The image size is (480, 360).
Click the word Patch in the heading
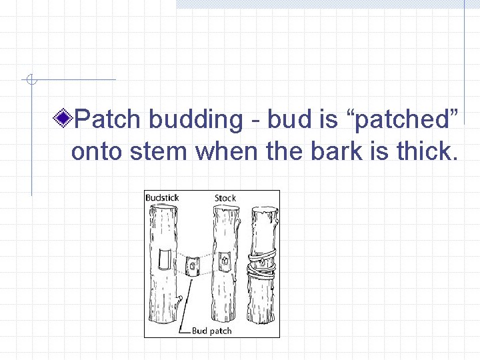click(108, 120)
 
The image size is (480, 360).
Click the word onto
click(97, 151)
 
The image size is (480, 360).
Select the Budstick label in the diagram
click(162, 198)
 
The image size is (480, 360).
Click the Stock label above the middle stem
click(225, 198)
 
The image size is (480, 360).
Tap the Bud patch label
click(211, 330)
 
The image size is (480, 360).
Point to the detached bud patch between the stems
click(193, 266)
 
